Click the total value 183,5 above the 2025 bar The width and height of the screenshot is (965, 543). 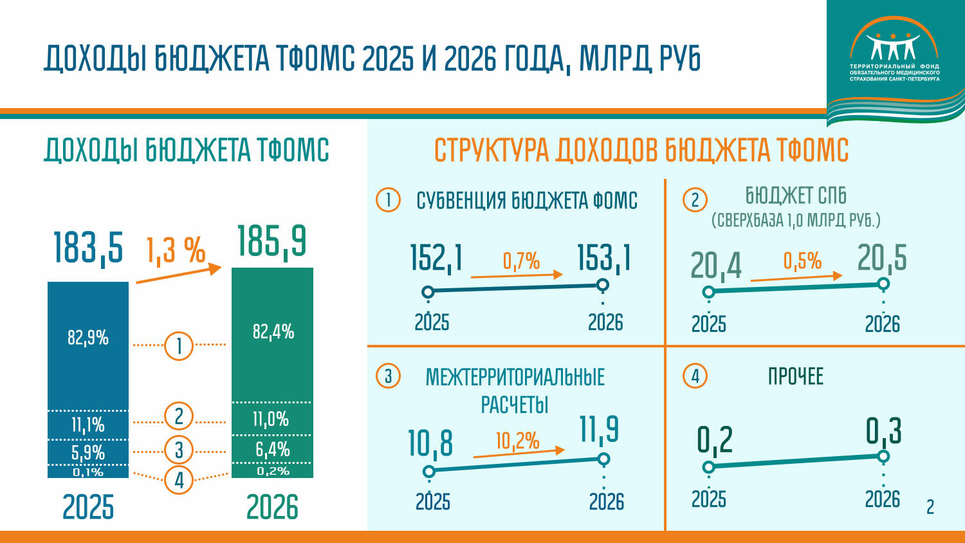coord(87,247)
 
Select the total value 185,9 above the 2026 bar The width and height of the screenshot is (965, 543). coord(271,241)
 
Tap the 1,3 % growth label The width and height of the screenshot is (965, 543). coord(176,250)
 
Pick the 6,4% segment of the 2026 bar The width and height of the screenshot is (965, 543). coord(272,449)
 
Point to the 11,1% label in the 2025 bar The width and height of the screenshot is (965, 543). coord(88,425)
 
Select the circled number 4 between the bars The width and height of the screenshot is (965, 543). coord(179,479)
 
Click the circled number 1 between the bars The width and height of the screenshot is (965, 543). coord(179,345)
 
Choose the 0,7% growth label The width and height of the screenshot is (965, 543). coord(521,261)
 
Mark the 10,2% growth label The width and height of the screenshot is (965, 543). coord(517,441)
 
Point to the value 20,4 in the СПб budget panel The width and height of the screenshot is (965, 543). coord(715,265)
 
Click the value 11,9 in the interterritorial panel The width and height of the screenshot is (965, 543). coord(599,429)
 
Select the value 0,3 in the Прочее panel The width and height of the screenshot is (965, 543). coord(883,431)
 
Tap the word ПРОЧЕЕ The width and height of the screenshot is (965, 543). coord(795,376)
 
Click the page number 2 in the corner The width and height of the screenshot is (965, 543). coord(930,507)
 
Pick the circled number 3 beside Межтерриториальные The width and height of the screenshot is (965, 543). coord(388,376)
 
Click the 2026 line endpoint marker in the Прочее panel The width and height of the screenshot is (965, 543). coord(883,456)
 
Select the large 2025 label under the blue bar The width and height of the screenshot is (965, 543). coord(88,507)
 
